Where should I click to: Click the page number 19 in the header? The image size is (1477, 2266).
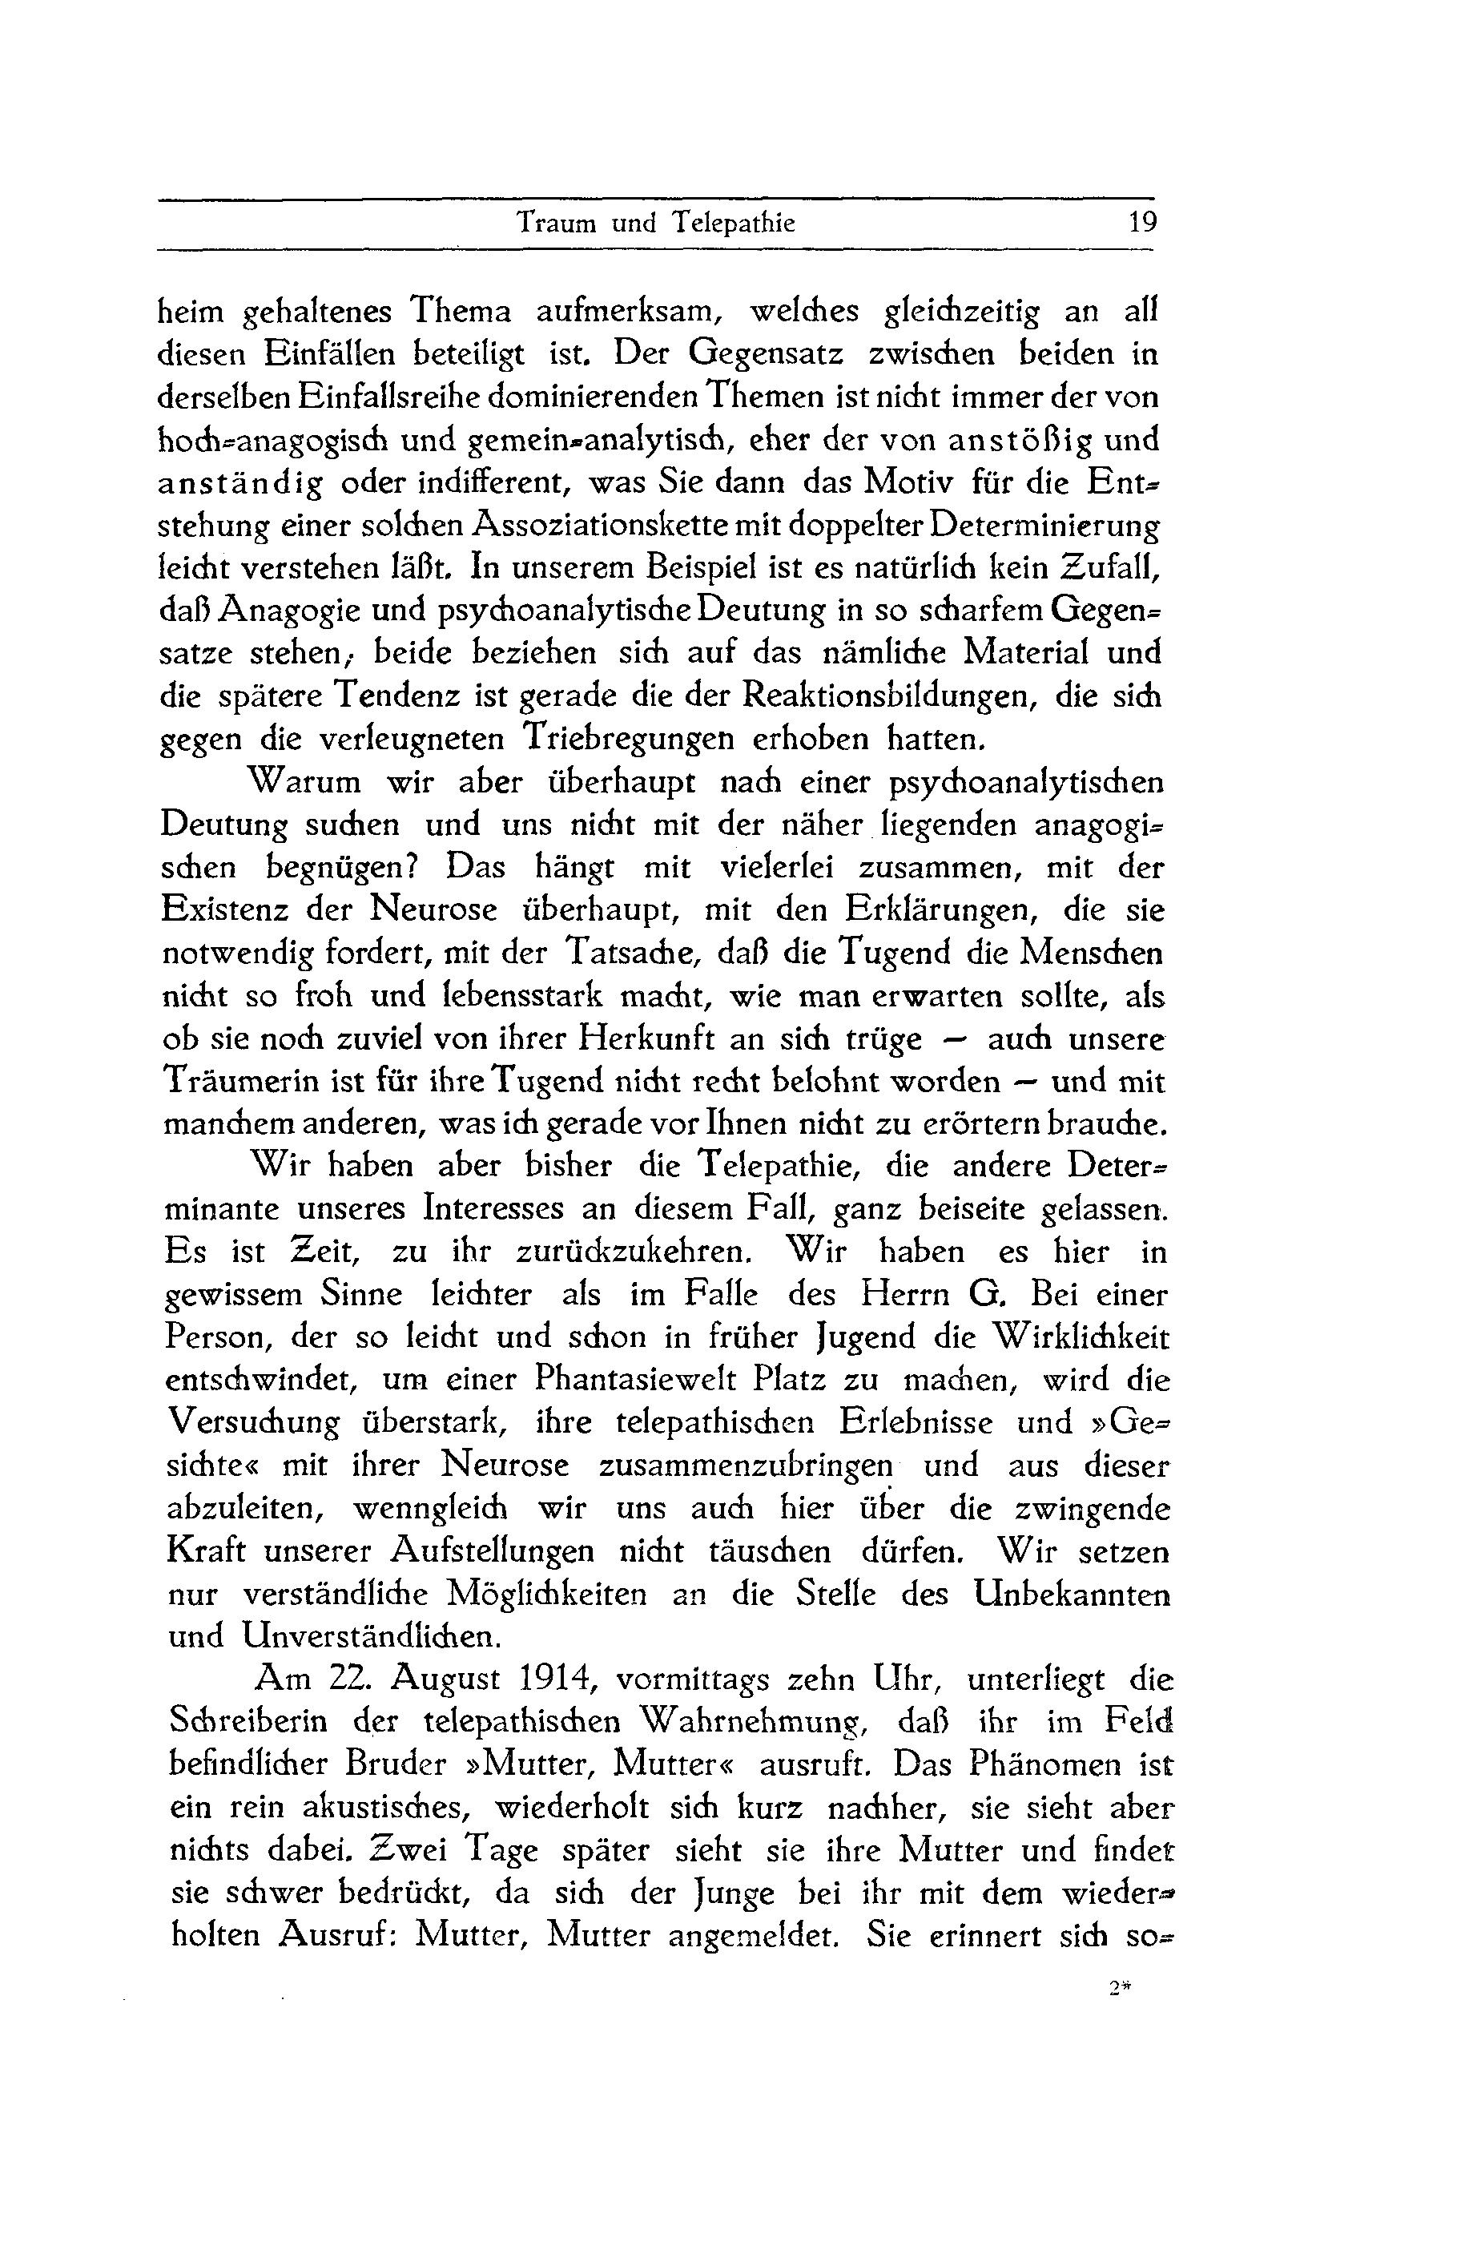pyautogui.click(x=1141, y=223)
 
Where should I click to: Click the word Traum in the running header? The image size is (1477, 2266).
pyautogui.click(x=556, y=223)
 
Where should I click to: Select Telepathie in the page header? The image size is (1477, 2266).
pyautogui.click(x=733, y=223)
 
